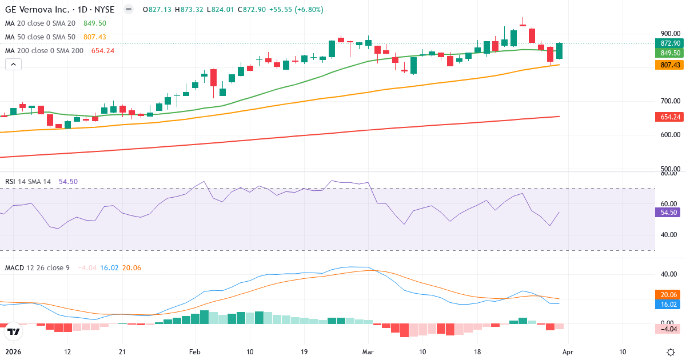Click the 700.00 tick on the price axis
(669, 101)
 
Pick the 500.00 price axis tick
(669, 170)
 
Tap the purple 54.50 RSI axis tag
(667, 212)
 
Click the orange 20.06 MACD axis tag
(667, 294)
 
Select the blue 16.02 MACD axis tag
(667, 305)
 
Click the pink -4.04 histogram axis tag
(667, 329)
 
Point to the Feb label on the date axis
(196, 352)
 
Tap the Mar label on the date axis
(369, 352)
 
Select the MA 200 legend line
(44, 51)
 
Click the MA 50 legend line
(40, 37)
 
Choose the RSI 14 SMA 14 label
(28, 182)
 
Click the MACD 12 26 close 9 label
(37, 267)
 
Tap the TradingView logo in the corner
(14, 331)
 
